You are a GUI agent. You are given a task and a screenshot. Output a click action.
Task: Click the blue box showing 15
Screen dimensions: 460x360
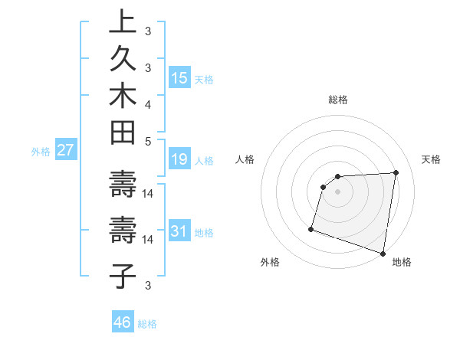179,77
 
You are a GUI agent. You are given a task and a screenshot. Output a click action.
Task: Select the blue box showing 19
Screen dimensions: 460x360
179,159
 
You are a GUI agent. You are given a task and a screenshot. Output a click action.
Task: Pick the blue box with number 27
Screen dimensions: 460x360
65,150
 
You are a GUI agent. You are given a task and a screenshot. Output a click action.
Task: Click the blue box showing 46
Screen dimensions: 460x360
123,322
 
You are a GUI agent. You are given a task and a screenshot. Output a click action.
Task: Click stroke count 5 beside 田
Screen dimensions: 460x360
148,141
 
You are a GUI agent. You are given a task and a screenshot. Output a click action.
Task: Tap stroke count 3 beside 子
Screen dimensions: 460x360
148,286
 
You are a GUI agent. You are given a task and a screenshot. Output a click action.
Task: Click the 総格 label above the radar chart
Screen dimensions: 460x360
338,100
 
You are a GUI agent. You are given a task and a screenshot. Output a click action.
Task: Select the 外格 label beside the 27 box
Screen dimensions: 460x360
41,152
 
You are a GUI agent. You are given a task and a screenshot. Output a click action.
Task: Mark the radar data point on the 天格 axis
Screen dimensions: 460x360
396,173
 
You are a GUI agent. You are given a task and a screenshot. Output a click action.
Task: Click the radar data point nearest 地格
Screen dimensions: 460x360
383,253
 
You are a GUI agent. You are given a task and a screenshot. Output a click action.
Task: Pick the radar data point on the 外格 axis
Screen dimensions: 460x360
311,228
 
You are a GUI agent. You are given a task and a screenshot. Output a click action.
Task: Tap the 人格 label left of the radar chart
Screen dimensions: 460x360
245,159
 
